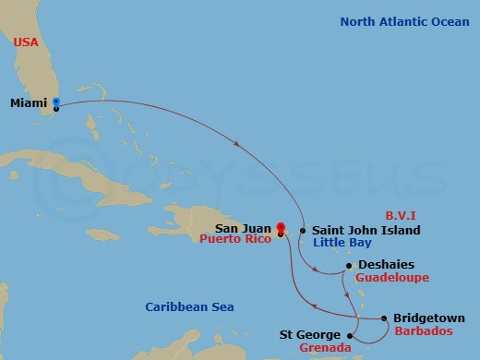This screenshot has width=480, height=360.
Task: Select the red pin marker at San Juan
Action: (280, 225)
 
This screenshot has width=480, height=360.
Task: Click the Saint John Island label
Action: (366, 230)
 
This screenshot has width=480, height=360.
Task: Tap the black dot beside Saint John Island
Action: (303, 230)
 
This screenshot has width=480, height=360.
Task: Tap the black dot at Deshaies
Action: (348, 266)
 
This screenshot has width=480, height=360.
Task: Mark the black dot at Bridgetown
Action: (384, 319)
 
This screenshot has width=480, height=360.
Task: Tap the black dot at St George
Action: (350, 335)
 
